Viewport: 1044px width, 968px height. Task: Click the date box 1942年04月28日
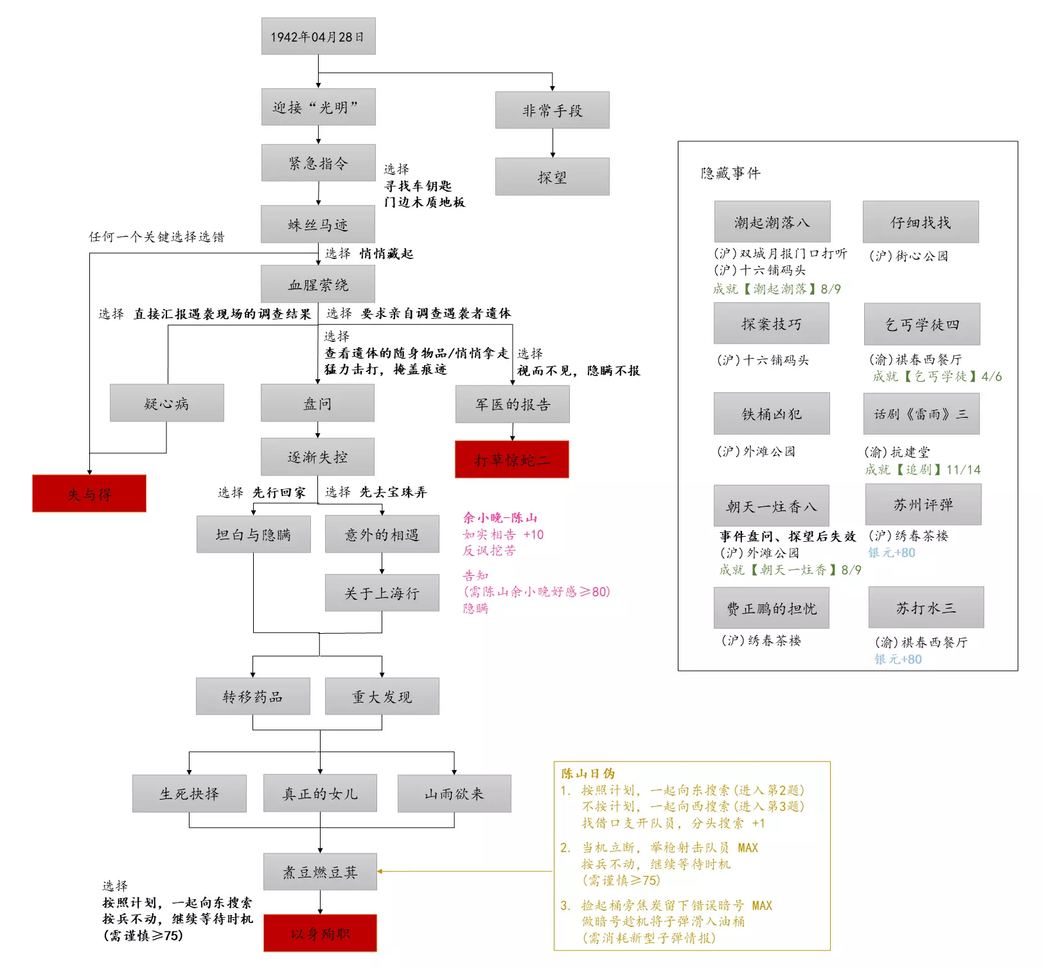[x=318, y=37]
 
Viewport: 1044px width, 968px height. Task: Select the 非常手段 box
[x=552, y=111]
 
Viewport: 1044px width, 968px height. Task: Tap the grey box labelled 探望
[x=552, y=177]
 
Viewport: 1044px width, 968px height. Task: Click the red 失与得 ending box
[x=89, y=494]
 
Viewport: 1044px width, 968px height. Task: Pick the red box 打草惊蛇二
[x=511, y=460]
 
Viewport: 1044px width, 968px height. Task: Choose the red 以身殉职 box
[x=320, y=933]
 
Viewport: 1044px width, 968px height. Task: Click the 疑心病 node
[x=166, y=403]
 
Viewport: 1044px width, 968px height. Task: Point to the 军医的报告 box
[x=512, y=404]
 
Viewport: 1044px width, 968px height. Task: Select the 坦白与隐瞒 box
[x=253, y=534]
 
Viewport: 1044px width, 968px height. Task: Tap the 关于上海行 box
[x=382, y=593]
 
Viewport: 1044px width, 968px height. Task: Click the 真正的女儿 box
[x=320, y=794]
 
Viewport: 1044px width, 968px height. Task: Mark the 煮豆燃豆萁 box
[x=320, y=872]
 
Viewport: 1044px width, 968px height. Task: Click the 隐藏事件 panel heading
[x=730, y=173]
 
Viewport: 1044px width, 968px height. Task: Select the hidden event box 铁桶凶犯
[x=771, y=414]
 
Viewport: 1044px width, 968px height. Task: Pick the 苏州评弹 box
[x=923, y=505]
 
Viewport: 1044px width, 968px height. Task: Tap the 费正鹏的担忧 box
[x=771, y=608]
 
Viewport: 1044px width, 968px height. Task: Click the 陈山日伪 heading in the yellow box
[x=588, y=773]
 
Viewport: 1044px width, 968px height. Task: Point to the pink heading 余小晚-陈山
[x=500, y=517]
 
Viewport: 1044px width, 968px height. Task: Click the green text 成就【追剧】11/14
[x=923, y=469]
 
